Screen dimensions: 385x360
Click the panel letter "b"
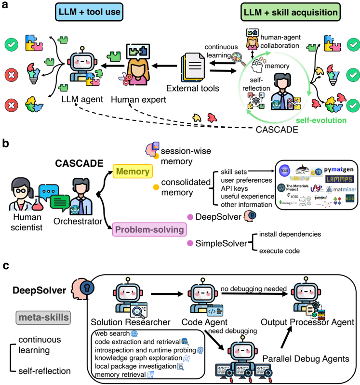(6, 143)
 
